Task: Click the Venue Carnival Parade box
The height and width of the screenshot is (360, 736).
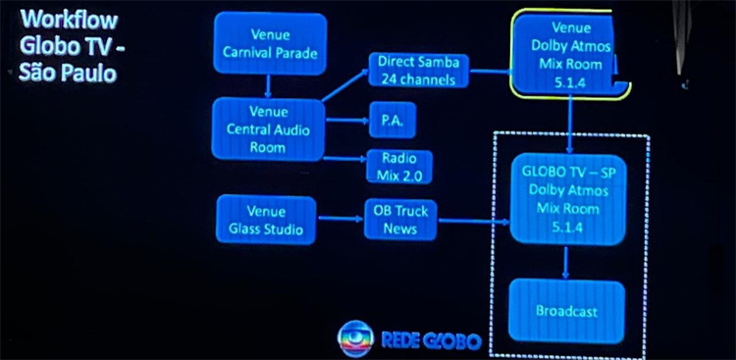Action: pyautogui.click(x=270, y=43)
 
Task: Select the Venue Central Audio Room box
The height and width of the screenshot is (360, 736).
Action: pyautogui.click(x=268, y=129)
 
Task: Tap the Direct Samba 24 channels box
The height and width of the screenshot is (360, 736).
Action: pyautogui.click(x=418, y=70)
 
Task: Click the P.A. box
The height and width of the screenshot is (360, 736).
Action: pyautogui.click(x=393, y=120)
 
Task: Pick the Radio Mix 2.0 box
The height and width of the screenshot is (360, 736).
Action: pyautogui.click(x=399, y=166)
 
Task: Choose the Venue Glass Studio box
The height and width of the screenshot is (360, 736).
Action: pyautogui.click(x=266, y=220)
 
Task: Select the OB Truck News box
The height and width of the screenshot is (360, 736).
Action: pyautogui.click(x=400, y=219)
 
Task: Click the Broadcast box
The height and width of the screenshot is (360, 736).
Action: pyautogui.click(x=566, y=311)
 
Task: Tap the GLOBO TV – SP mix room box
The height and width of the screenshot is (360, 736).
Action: pyautogui.click(x=568, y=199)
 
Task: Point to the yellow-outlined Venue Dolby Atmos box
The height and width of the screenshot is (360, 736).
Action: pyautogui.click(x=570, y=54)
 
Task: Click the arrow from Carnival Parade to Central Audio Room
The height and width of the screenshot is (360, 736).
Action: pyautogui.click(x=268, y=86)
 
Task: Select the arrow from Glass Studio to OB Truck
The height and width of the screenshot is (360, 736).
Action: pyautogui.click(x=341, y=218)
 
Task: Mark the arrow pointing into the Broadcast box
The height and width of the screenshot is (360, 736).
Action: pyautogui.click(x=565, y=262)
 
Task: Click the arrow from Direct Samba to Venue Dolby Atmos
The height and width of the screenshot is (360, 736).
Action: pyautogui.click(x=490, y=72)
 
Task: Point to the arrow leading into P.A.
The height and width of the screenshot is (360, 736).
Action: pyautogui.click(x=346, y=121)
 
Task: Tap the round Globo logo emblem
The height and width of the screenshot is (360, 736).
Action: pyautogui.click(x=356, y=338)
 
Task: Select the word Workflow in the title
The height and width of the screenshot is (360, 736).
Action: pyautogui.click(x=69, y=21)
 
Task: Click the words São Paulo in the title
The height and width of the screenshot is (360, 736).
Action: pyautogui.click(x=67, y=74)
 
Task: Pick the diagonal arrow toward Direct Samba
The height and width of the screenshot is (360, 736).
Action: pyautogui.click(x=345, y=85)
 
